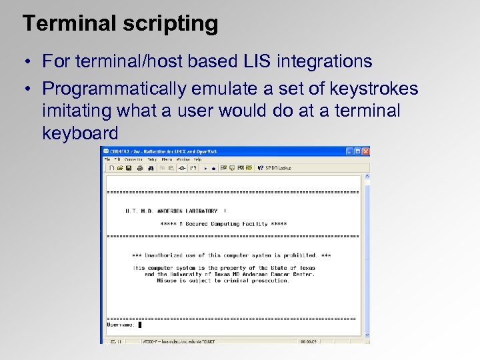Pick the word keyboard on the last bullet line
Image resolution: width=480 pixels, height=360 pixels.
coord(80,133)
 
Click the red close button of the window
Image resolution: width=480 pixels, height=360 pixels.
coord(365,151)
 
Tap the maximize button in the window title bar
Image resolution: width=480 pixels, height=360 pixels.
coord(356,151)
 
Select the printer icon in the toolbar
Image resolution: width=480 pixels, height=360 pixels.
coord(140,168)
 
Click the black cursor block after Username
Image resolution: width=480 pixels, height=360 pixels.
coord(140,325)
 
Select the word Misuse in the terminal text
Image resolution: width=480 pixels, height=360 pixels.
coord(167,281)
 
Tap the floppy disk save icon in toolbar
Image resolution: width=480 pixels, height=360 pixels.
coord(129,168)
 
